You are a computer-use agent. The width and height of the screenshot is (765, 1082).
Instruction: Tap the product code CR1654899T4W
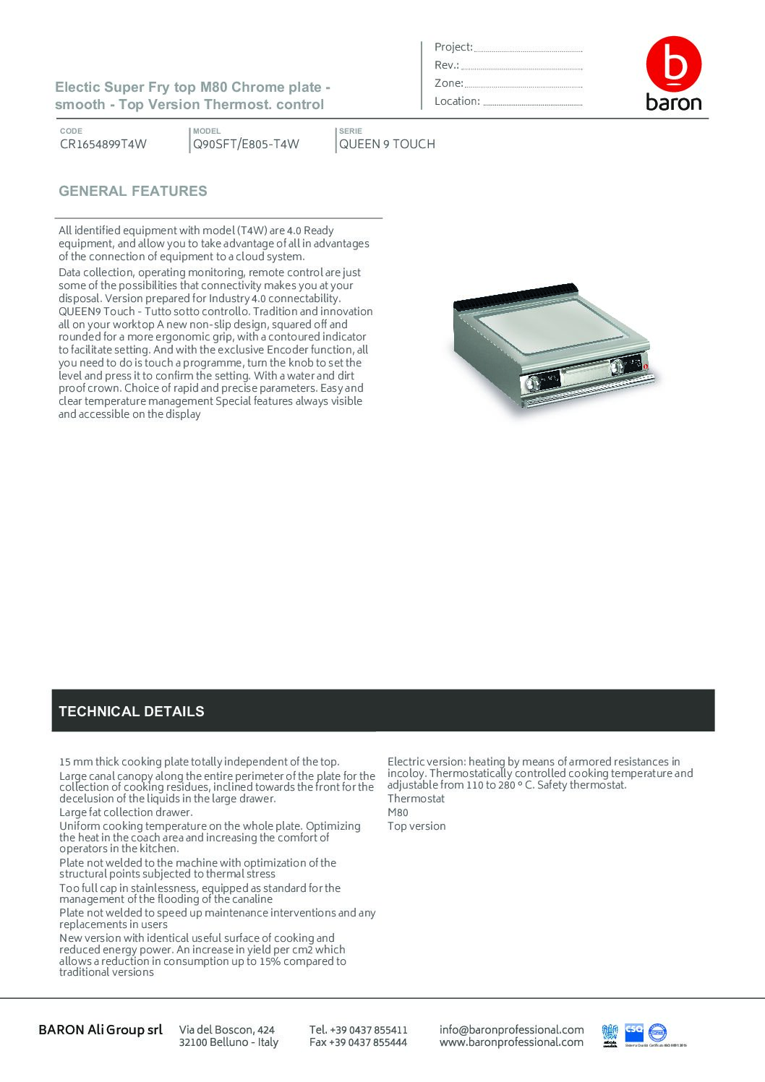(x=103, y=144)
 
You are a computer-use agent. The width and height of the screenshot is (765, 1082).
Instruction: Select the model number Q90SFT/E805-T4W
(x=246, y=144)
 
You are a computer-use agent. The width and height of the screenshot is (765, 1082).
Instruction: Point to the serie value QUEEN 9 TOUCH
(x=387, y=144)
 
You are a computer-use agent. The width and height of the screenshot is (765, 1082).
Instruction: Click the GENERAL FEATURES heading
(x=133, y=192)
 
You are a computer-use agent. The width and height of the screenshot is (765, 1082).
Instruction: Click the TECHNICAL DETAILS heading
(x=132, y=711)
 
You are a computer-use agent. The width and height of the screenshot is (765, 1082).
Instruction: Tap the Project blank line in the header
(x=528, y=48)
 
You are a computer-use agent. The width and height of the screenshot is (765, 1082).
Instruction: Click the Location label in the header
(x=457, y=101)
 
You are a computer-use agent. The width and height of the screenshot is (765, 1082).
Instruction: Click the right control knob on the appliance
(x=617, y=367)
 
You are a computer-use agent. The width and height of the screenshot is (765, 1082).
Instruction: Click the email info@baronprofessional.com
(x=511, y=1029)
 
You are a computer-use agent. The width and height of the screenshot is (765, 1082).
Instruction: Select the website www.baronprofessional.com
(x=511, y=1042)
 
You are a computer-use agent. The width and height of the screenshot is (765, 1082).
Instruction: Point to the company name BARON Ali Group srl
(x=101, y=1029)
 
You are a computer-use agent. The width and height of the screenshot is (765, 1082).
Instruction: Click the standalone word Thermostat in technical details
(x=416, y=799)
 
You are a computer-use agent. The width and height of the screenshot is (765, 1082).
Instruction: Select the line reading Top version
(x=416, y=826)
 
